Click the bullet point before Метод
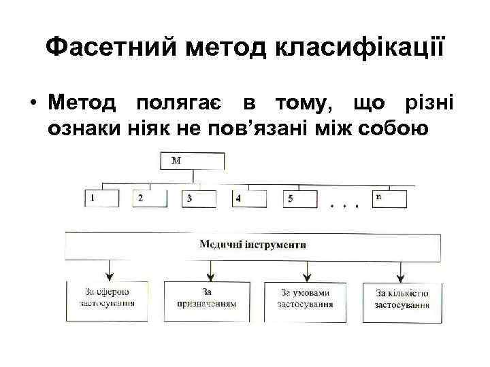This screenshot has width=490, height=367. tap(32, 105)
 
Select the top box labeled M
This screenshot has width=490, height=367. tap(193, 161)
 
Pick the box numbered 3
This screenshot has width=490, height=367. tap(198, 198)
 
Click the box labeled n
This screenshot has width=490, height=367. tap(390, 198)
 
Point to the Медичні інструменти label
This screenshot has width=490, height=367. tap(253, 244)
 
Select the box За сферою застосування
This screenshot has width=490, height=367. tap(108, 298)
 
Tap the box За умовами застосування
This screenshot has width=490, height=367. tap(306, 298)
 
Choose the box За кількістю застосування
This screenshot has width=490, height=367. tap(402, 298)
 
